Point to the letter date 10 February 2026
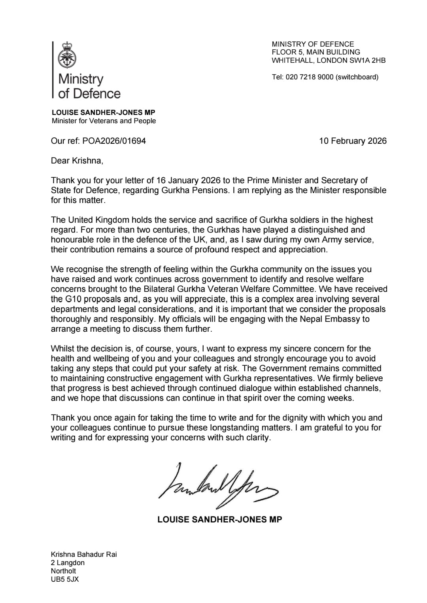[x=353, y=141]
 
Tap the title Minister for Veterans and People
[x=104, y=121]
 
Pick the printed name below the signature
[x=219, y=519]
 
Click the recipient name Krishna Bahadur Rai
[x=84, y=554]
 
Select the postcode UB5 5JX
[x=64, y=579]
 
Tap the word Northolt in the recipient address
[x=63, y=571]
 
